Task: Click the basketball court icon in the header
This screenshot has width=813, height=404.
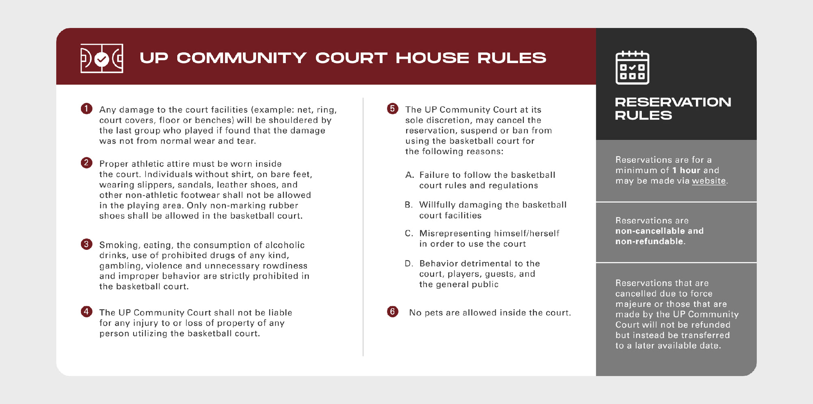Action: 102,59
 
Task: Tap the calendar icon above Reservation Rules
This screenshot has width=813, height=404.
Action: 632,68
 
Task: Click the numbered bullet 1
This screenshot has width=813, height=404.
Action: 86,109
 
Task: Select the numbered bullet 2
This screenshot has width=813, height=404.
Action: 86,163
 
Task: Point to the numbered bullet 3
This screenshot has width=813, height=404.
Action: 86,244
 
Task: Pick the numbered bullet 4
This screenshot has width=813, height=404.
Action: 86,312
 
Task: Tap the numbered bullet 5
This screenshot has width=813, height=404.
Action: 392,109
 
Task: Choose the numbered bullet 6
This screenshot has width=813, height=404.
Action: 392,312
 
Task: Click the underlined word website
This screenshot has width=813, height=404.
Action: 709,181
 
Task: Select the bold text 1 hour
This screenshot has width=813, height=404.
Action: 687,170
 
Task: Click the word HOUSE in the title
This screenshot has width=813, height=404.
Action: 432,58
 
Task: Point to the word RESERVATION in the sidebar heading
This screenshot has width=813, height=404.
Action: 673,102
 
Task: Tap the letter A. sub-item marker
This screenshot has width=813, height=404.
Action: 409,175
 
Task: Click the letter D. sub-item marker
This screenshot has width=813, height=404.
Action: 409,264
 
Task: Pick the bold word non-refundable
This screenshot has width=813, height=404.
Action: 649,242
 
